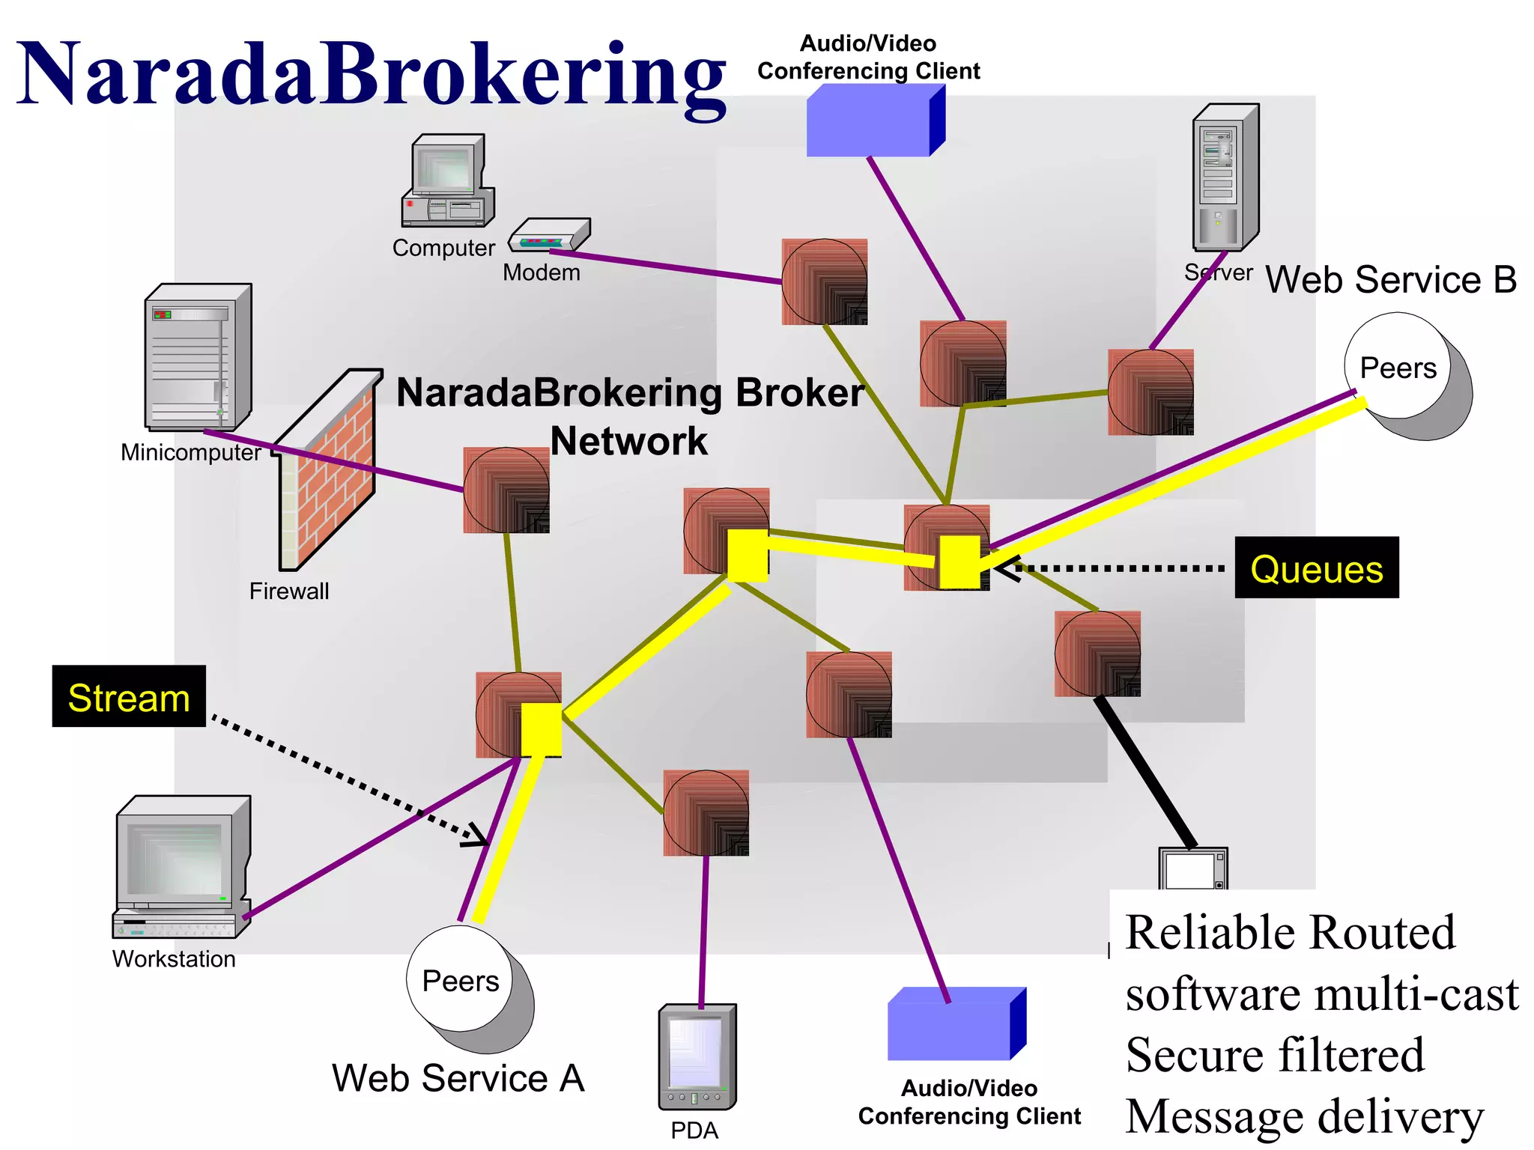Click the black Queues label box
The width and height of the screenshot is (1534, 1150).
coord(1316,568)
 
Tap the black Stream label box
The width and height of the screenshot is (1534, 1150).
coord(129,696)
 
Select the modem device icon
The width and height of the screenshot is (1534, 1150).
coord(550,235)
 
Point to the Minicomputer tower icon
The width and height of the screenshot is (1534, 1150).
coord(198,357)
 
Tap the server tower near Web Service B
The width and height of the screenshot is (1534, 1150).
coord(1225,178)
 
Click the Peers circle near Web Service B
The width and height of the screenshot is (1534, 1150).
coord(1398,367)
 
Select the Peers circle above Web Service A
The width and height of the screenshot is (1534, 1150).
coord(460,979)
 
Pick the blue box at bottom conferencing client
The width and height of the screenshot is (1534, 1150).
coord(954,1024)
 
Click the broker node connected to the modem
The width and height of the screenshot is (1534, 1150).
coord(824,282)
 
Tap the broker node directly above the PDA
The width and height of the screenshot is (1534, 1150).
coord(706,813)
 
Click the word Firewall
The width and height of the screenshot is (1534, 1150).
coord(288,591)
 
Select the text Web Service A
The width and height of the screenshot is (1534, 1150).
coord(458,1078)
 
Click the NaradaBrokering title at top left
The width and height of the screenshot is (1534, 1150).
coord(371,73)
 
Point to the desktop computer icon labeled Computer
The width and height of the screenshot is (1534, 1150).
coord(447,181)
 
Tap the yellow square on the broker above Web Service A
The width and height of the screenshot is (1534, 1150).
coord(541,729)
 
